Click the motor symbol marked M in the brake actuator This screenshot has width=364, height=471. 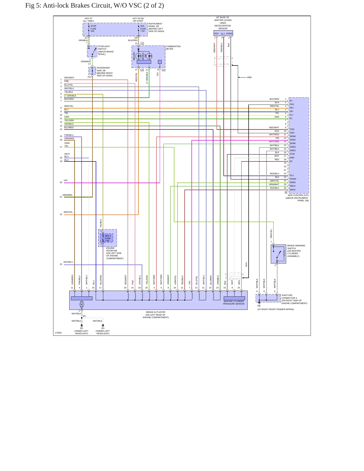(x=82, y=304)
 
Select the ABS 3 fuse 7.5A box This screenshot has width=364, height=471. (x=107, y=238)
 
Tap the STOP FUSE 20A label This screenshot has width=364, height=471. (x=93, y=28)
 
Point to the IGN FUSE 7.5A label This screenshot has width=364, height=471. (x=143, y=28)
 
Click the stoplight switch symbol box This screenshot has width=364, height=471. (x=92, y=51)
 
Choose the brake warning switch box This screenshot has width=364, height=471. (x=278, y=254)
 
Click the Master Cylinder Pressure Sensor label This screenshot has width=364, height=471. (x=234, y=302)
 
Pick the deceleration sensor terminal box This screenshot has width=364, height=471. (x=223, y=33)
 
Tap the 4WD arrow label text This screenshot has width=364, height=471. (x=249, y=77)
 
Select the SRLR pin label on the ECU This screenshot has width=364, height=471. (x=292, y=190)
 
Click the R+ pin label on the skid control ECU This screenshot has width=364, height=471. (x=291, y=101)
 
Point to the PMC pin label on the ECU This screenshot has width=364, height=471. (x=292, y=158)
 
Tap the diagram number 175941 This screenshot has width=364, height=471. (x=58, y=333)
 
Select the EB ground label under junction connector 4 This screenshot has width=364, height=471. (x=259, y=306)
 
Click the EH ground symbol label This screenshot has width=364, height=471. (x=103, y=328)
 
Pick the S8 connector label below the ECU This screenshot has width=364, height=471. (x=286, y=192)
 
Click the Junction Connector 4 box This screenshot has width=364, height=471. (x=268, y=298)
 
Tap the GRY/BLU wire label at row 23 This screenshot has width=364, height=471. (x=68, y=262)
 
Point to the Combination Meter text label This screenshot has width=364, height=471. (x=173, y=48)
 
